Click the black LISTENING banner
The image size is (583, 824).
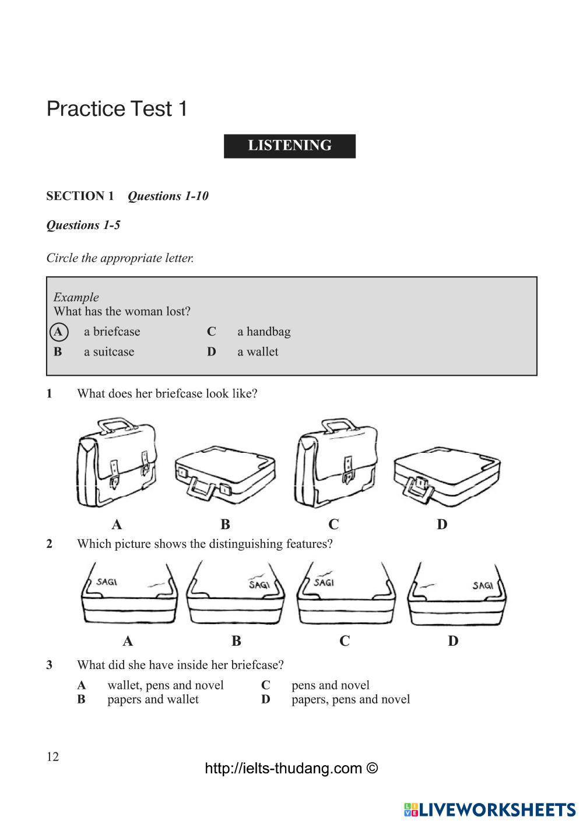(x=289, y=146)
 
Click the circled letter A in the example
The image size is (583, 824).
(x=58, y=332)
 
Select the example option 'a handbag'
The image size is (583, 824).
(x=264, y=332)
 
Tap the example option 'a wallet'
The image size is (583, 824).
(x=258, y=352)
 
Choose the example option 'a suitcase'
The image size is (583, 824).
(x=109, y=352)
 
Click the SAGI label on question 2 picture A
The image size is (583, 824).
(x=107, y=581)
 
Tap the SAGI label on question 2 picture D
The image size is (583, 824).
(x=482, y=585)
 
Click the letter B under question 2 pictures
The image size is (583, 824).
(x=236, y=641)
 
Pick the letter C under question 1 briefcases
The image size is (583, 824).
(x=333, y=524)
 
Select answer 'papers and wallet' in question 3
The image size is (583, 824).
(x=153, y=699)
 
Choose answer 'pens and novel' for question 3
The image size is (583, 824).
(x=330, y=685)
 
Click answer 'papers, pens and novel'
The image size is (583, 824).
(x=350, y=699)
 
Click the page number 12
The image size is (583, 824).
(x=52, y=757)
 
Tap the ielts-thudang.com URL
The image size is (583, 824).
(x=291, y=769)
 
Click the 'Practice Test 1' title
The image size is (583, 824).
(x=117, y=109)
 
